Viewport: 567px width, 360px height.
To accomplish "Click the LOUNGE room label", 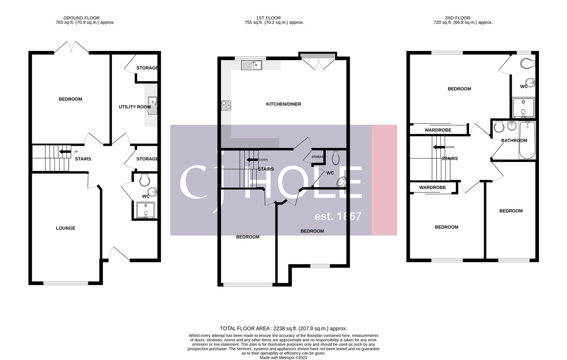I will point(66,228).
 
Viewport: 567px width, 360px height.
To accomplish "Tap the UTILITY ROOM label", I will point(135,107).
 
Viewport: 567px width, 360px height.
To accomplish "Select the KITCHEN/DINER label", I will point(283,104).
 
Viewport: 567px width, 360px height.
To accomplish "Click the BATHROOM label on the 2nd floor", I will point(514,140).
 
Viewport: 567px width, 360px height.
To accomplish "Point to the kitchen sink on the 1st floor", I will point(252,65).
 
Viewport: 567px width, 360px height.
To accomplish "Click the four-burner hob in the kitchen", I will point(226,105).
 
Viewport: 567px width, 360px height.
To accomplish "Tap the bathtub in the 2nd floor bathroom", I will point(527,140).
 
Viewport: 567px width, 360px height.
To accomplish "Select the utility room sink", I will point(152,105).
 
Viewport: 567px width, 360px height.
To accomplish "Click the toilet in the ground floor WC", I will point(145,180).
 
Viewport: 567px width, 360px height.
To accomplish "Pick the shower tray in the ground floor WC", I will point(145,210).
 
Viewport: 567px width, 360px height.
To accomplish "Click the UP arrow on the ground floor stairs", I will point(65,152).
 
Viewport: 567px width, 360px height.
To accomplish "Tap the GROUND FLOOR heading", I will point(82,18).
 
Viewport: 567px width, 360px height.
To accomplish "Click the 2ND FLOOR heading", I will point(457,18).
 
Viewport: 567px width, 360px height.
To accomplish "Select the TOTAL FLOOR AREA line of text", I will point(283,328).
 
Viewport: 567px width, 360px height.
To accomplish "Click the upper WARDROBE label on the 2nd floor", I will point(438,130).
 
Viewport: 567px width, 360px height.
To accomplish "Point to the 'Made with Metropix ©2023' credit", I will point(283,358).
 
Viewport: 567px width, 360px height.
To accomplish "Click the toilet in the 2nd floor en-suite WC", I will point(527,64).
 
